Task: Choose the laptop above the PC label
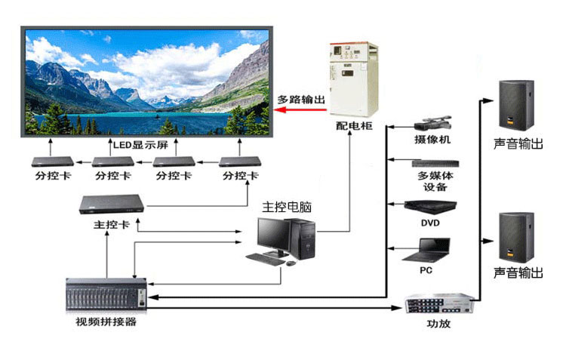(432, 248)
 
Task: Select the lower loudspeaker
(517, 236)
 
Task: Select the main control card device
(112, 205)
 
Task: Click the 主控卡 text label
(111, 225)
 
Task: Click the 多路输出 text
(302, 99)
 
